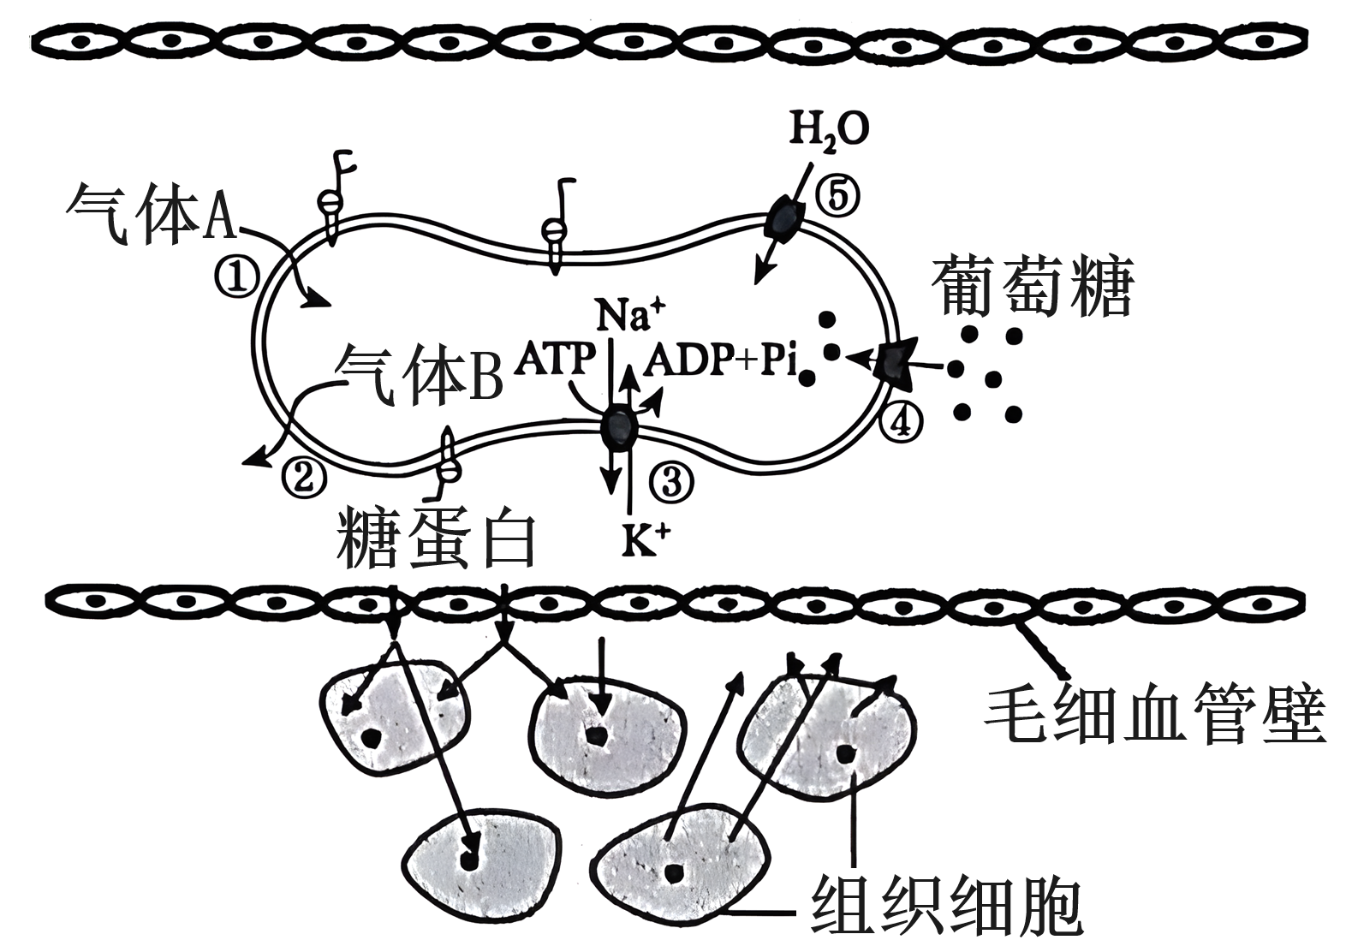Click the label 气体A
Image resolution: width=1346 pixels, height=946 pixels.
coord(151,211)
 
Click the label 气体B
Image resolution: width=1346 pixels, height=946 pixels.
coord(417,375)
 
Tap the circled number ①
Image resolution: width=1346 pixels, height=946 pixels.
coord(237,277)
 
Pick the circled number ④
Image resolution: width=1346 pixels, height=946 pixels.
coord(904,419)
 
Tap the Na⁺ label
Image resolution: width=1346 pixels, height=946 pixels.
coord(630,315)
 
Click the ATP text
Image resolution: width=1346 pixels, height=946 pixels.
coord(554,360)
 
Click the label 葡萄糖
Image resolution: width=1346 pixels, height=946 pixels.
coord(1034,287)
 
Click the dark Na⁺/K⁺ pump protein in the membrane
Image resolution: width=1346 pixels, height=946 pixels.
coord(618,425)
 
